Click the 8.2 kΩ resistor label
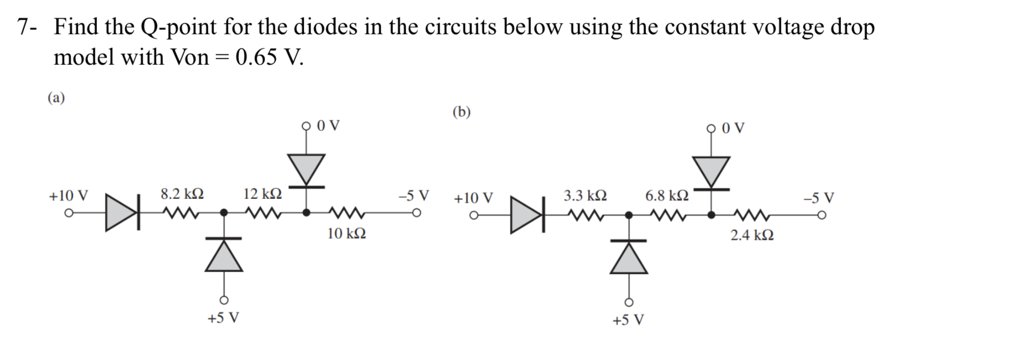click(x=182, y=194)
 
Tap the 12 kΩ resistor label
click(x=263, y=194)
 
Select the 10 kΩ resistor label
click(x=346, y=234)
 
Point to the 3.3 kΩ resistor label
click(x=585, y=196)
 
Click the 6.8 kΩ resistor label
click(x=667, y=196)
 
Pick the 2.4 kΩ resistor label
click(x=752, y=235)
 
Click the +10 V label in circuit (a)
click(x=68, y=196)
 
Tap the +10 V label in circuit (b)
click(x=473, y=198)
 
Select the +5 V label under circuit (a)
click(x=223, y=318)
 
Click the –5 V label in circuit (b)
click(x=819, y=198)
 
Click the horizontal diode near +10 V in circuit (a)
click(x=121, y=212)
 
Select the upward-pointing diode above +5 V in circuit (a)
click(x=224, y=255)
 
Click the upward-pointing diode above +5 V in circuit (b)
click(x=629, y=258)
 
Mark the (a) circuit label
click(x=56, y=98)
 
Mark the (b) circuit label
click(x=461, y=112)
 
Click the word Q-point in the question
click(x=178, y=27)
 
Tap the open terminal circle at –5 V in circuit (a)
click(x=416, y=213)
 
